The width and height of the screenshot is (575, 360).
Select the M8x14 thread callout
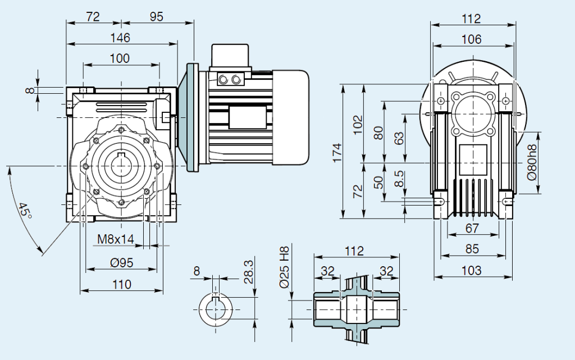click(x=116, y=239)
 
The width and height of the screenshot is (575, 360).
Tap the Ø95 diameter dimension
click(x=121, y=262)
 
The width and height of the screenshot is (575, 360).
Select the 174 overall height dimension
click(x=336, y=153)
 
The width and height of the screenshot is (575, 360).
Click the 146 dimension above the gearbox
click(x=120, y=38)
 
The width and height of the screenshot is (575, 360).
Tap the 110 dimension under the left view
click(x=121, y=284)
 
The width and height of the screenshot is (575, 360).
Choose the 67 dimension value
click(x=472, y=227)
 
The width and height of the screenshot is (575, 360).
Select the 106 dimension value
click(x=471, y=39)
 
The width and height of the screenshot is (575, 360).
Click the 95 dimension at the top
click(x=156, y=17)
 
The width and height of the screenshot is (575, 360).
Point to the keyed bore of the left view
click(x=121, y=165)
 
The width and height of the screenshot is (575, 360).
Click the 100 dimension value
click(x=119, y=58)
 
